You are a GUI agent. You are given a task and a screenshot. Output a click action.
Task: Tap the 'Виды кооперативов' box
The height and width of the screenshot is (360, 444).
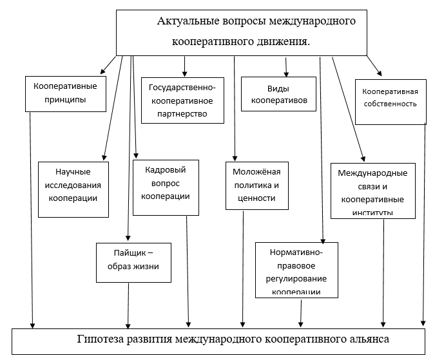tap(279, 95)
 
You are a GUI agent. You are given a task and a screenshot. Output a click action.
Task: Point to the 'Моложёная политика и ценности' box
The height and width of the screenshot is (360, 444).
tap(255, 185)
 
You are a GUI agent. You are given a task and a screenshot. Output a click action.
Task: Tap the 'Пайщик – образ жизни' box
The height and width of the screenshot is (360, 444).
tap(133, 261)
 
